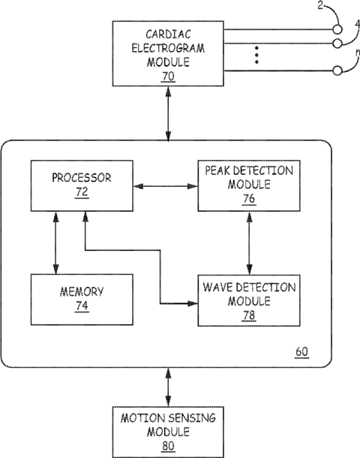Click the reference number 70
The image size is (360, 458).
point(168,77)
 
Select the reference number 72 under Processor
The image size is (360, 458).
point(82,192)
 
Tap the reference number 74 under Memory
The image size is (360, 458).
point(82,306)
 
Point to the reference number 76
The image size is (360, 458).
point(249,199)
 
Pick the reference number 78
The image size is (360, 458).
point(249,315)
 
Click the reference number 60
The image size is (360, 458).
point(302,351)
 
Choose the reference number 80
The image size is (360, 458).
point(168,446)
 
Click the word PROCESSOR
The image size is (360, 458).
point(82,178)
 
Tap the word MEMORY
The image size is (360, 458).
point(82,292)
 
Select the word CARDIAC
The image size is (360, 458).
point(168,35)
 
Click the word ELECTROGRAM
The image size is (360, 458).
point(168,48)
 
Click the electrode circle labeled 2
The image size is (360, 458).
point(337,29)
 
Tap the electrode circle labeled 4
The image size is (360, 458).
point(337,44)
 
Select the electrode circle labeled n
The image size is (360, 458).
point(337,71)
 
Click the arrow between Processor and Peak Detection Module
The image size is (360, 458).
point(166,186)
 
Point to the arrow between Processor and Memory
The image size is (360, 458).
point(56,243)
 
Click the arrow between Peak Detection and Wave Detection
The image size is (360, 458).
point(249,243)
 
